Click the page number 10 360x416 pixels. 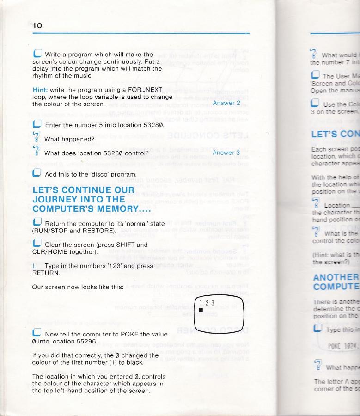click(x=37, y=26)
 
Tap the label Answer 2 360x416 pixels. click(x=226, y=103)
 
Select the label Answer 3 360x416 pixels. click(x=226, y=152)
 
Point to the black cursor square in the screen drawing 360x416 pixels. click(x=201, y=310)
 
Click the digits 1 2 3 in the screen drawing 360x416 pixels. click(x=207, y=303)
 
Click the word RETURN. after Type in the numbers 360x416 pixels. click(x=46, y=273)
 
